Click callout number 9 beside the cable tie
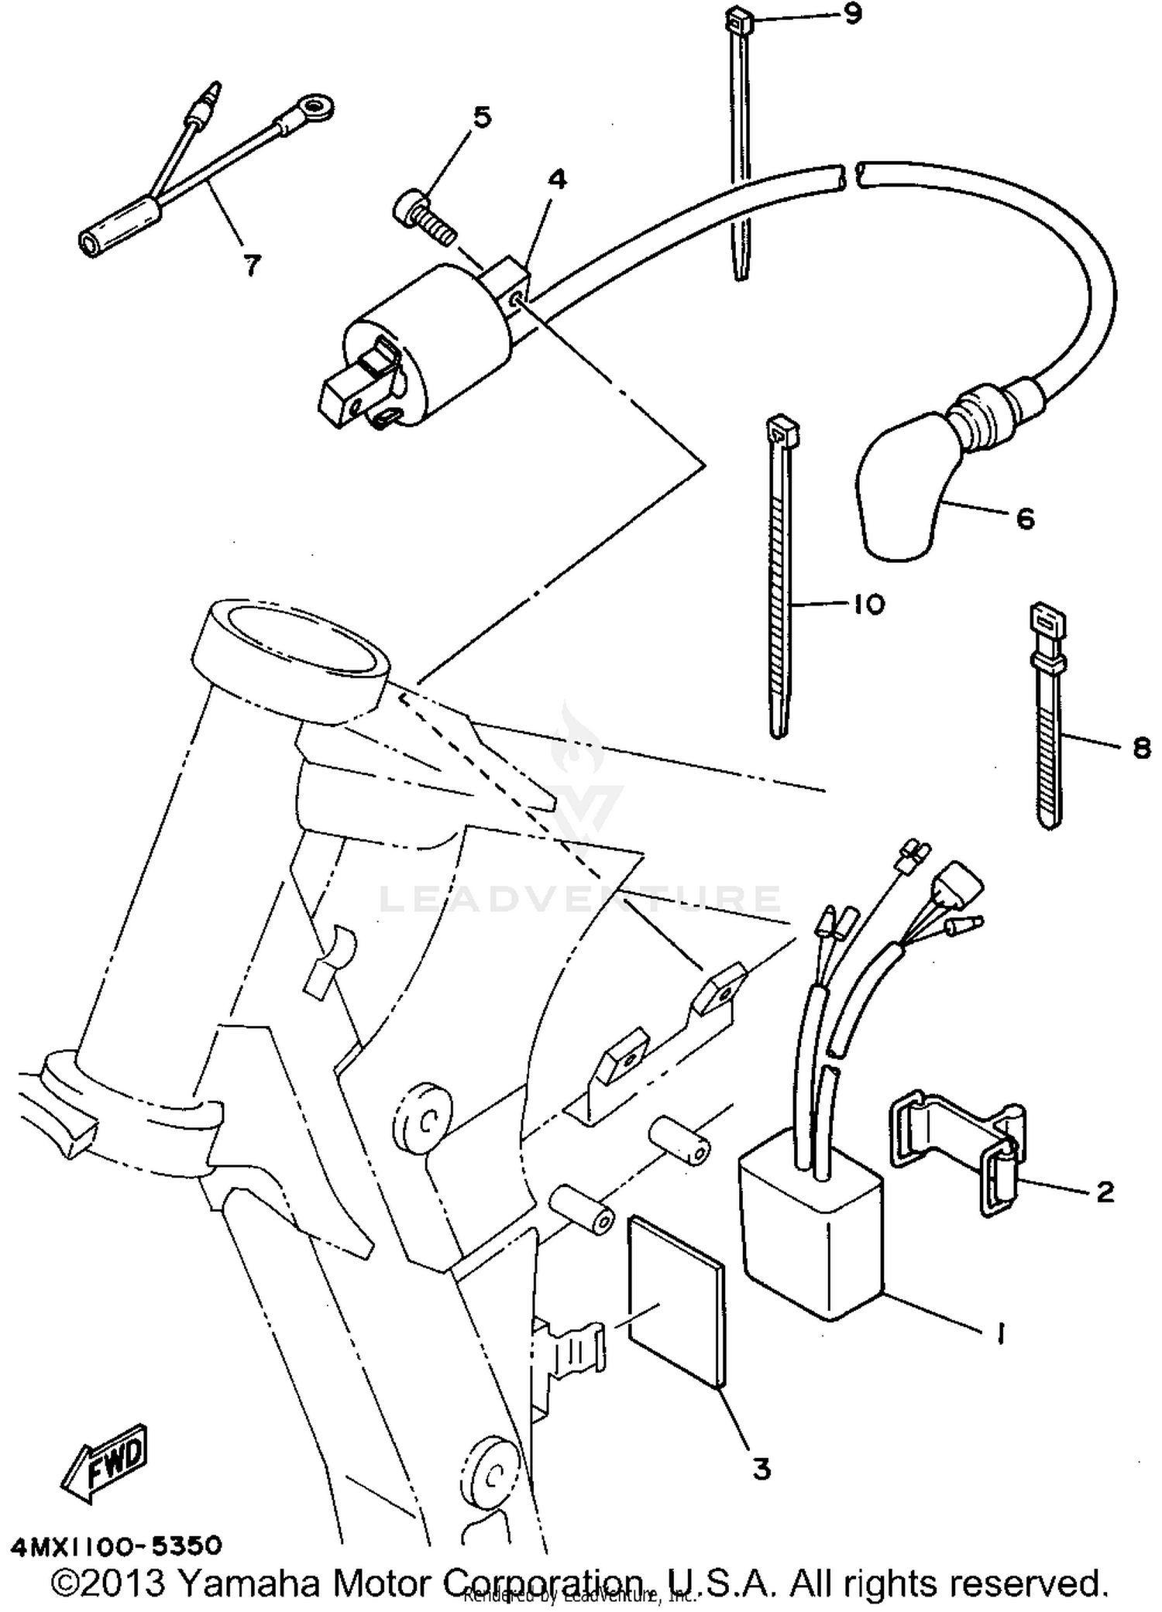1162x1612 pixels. click(852, 15)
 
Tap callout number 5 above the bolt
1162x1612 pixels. click(481, 118)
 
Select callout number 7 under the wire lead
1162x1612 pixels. click(253, 266)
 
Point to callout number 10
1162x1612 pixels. click(868, 604)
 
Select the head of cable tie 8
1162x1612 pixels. click(1047, 619)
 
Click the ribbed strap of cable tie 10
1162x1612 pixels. click(781, 588)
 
